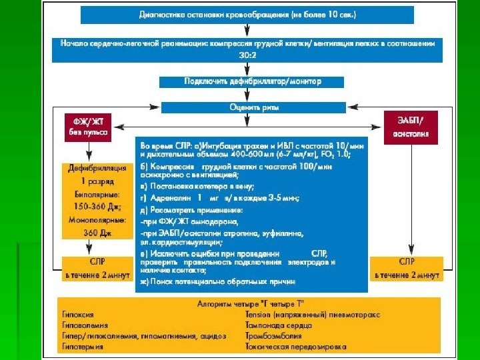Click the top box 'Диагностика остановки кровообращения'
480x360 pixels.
tap(247, 14)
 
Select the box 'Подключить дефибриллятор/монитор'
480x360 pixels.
tap(252, 81)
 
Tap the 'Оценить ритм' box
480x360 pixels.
tap(249, 107)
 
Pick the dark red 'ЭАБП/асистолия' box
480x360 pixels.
tap(410, 127)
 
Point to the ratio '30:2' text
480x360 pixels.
tap(247, 55)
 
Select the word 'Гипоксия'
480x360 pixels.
tap(78, 314)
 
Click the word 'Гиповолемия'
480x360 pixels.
tap(83, 325)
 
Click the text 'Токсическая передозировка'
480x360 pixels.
tap(295, 347)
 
